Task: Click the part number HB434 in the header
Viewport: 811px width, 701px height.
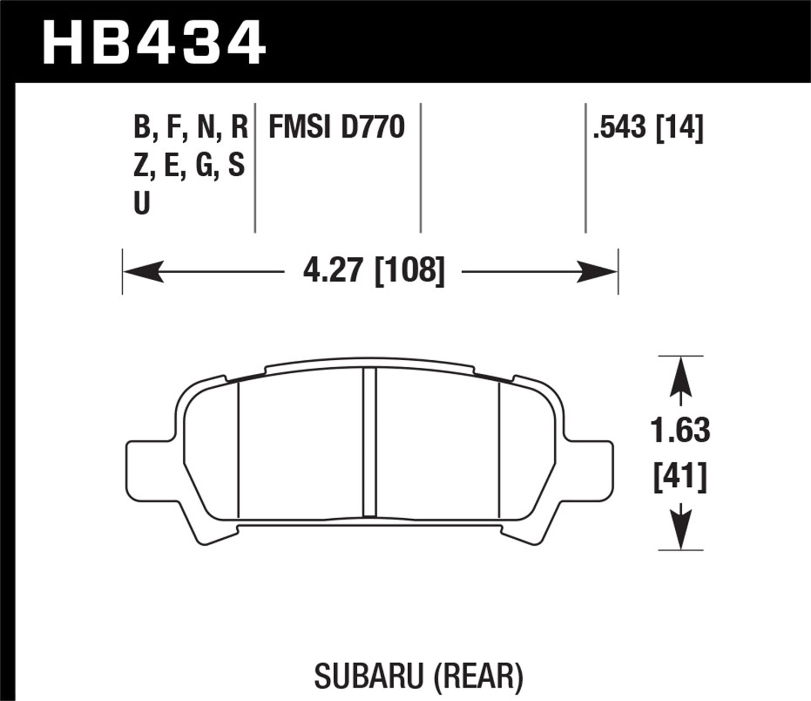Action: click(154, 42)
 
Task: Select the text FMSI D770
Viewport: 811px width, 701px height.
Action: click(336, 128)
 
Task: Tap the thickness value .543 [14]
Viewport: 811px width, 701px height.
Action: click(648, 128)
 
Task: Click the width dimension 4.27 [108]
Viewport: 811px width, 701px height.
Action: click(374, 270)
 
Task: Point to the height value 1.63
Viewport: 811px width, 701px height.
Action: click(680, 431)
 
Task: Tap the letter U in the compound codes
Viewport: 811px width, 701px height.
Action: click(141, 204)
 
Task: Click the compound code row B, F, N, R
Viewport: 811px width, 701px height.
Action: click(190, 128)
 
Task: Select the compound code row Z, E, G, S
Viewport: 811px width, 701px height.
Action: click(189, 166)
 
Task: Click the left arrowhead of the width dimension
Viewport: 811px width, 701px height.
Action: click(143, 271)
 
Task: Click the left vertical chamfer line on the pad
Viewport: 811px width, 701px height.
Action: click(238, 449)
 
